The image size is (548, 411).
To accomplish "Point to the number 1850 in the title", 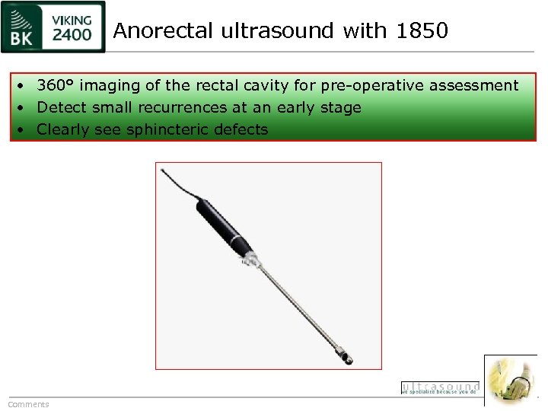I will pos(422,31).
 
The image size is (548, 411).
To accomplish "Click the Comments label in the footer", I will pos(28,404).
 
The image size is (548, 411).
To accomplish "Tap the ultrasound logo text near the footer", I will pos(440,387).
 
